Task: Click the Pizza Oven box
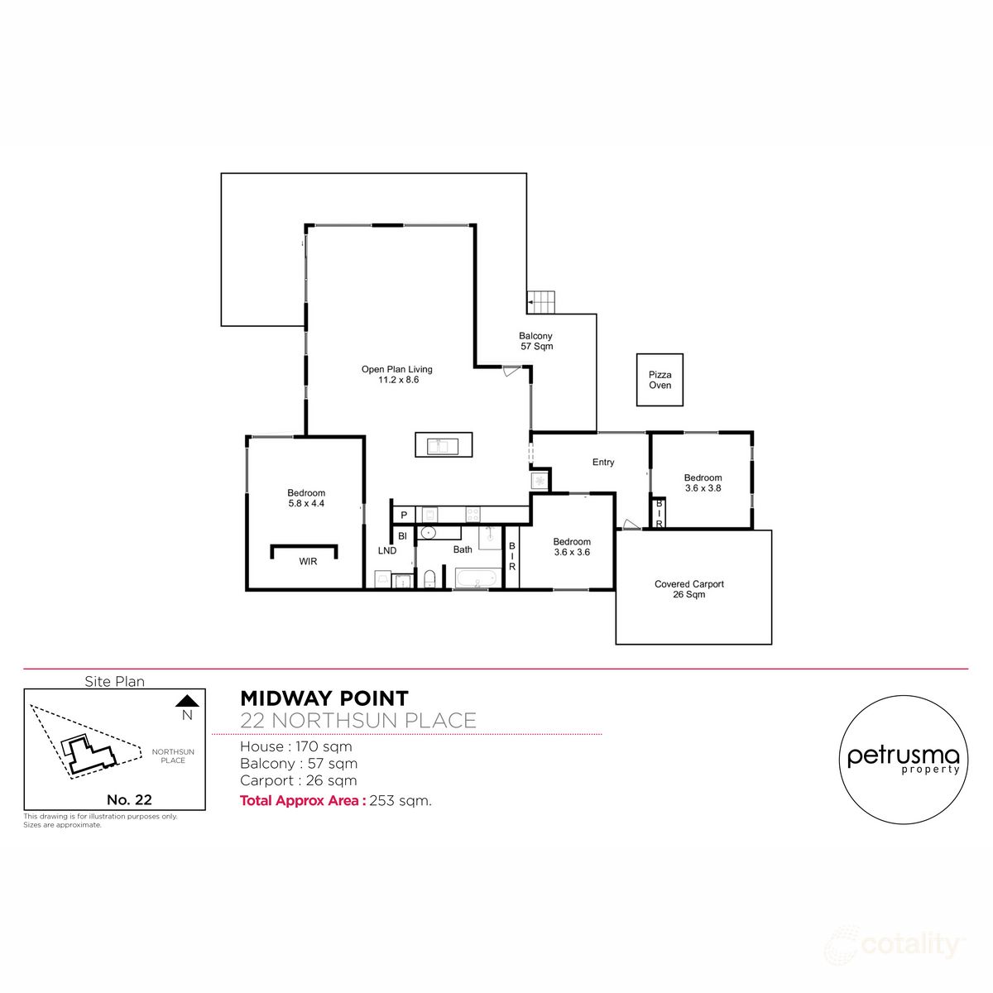660,380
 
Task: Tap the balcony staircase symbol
542,302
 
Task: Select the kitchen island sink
443,446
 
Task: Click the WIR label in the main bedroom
308,562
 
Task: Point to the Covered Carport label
688,584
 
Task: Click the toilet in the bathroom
429,579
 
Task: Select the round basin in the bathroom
429,532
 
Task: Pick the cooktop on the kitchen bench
473,514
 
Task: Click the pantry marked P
404,516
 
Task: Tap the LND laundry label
386,550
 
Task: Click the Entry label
603,463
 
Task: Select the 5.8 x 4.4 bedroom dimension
306,503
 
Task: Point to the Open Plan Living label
396,370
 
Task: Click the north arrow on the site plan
187,700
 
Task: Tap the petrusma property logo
904,760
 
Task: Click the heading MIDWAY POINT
324,699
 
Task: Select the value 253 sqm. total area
401,800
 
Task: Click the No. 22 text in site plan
129,799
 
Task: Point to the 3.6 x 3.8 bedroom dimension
703,488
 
